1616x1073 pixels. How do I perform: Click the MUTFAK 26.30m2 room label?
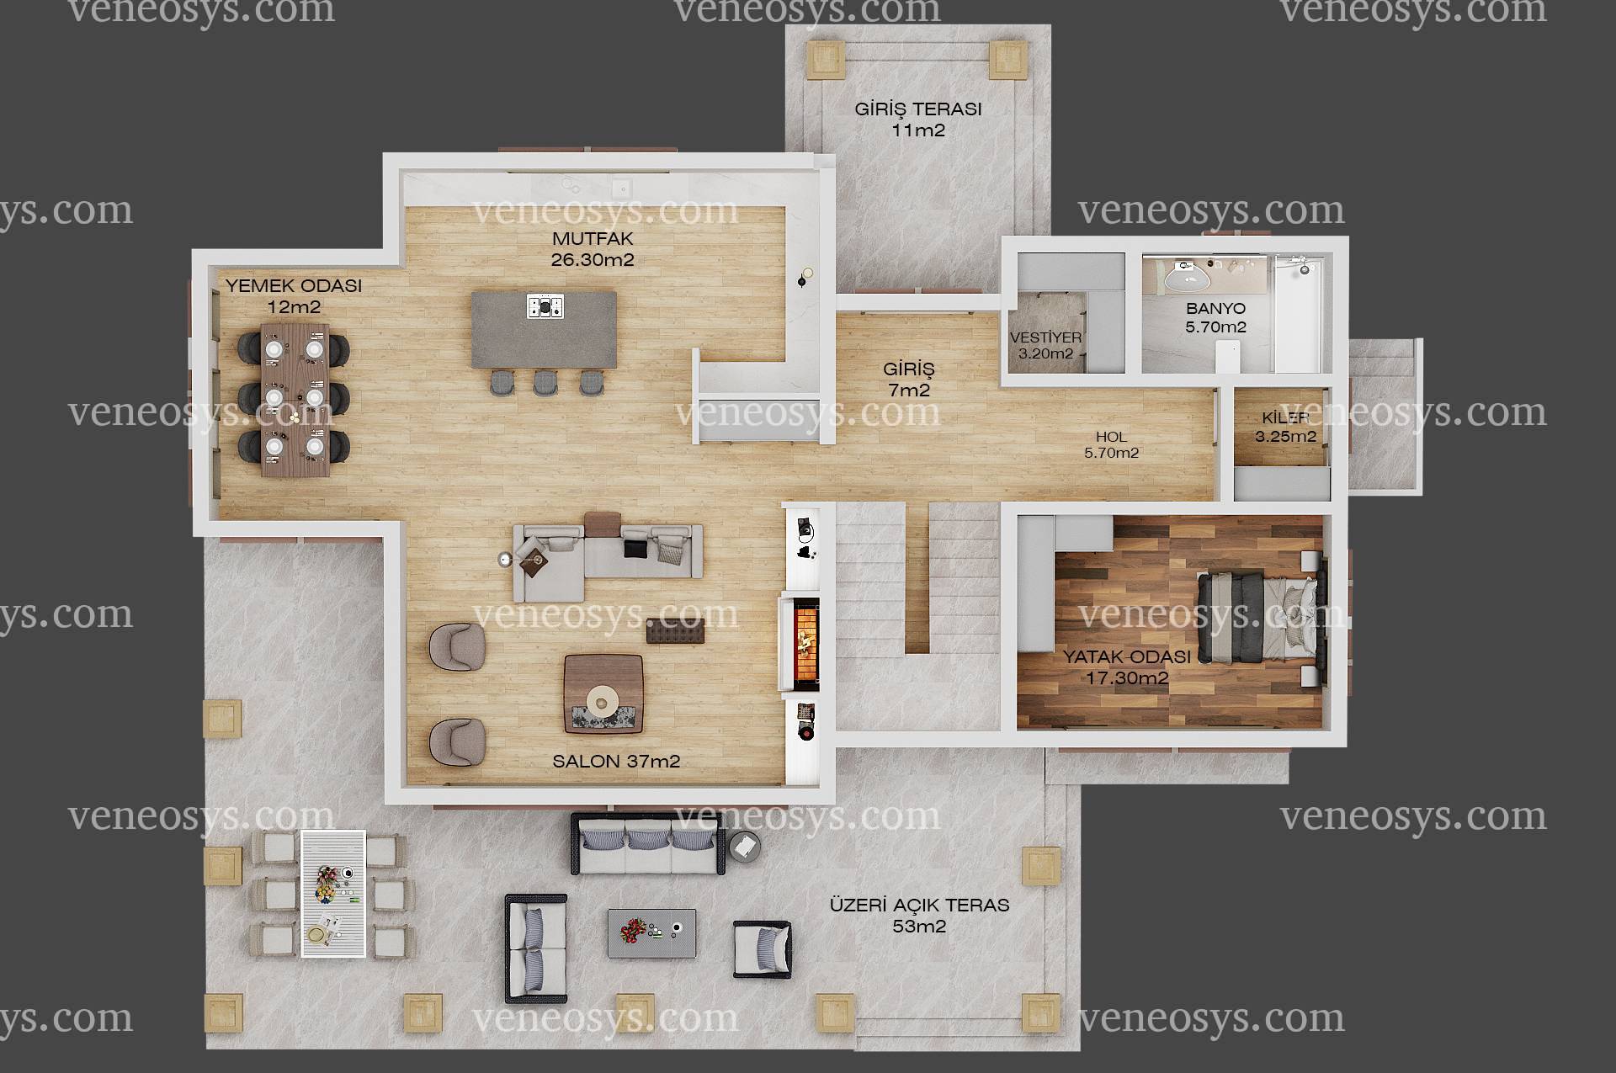click(593, 250)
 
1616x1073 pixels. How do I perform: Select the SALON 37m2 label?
click(616, 762)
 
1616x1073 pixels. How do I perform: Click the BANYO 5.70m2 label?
click(1216, 318)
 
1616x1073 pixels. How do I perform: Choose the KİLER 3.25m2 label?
click(1285, 428)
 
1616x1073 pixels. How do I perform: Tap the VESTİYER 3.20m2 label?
click(1046, 346)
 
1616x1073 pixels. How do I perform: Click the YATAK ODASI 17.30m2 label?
click(1127, 667)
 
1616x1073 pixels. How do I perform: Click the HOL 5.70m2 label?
click(1112, 445)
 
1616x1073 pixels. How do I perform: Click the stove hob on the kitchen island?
click(545, 306)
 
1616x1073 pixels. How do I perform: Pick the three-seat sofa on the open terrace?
click(647, 845)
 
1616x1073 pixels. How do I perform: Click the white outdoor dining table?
click(333, 894)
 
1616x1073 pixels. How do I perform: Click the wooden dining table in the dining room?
click(295, 400)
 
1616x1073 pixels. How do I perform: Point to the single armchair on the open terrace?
click(763, 949)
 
